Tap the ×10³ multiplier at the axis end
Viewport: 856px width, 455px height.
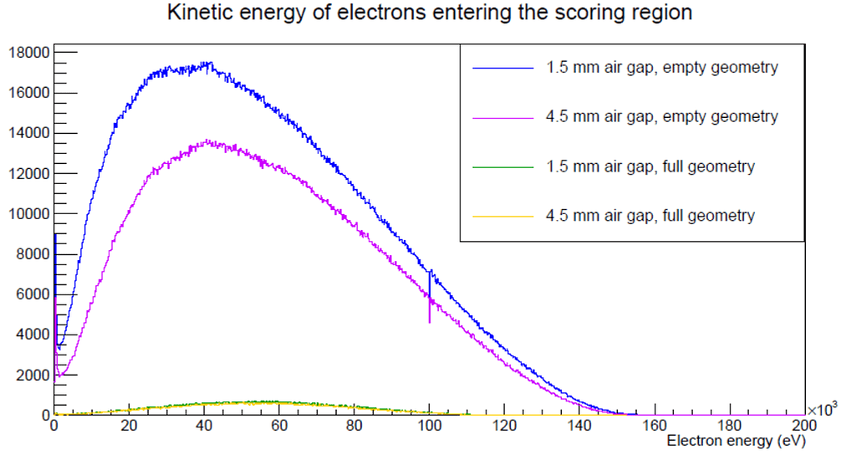point(823,409)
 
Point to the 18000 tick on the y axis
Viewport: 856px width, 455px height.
point(28,53)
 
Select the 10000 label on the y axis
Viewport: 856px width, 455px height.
point(28,214)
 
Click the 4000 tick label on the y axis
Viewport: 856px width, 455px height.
point(32,335)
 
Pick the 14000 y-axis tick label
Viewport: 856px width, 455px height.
point(28,133)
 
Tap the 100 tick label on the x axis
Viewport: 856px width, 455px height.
point(429,425)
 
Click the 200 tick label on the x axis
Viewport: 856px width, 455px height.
point(804,425)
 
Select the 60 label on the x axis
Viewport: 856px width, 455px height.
point(279,425)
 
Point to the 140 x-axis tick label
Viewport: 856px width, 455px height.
point(579,425)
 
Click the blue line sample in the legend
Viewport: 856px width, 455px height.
point(502,68)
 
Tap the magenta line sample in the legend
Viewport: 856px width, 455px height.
point(502,117)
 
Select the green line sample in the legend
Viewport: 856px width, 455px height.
point(502,166)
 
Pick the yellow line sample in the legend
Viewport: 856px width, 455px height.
point(502,216)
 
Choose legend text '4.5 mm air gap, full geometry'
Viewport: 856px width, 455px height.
point(650,216)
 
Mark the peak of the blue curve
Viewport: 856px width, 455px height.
point(206,64)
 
